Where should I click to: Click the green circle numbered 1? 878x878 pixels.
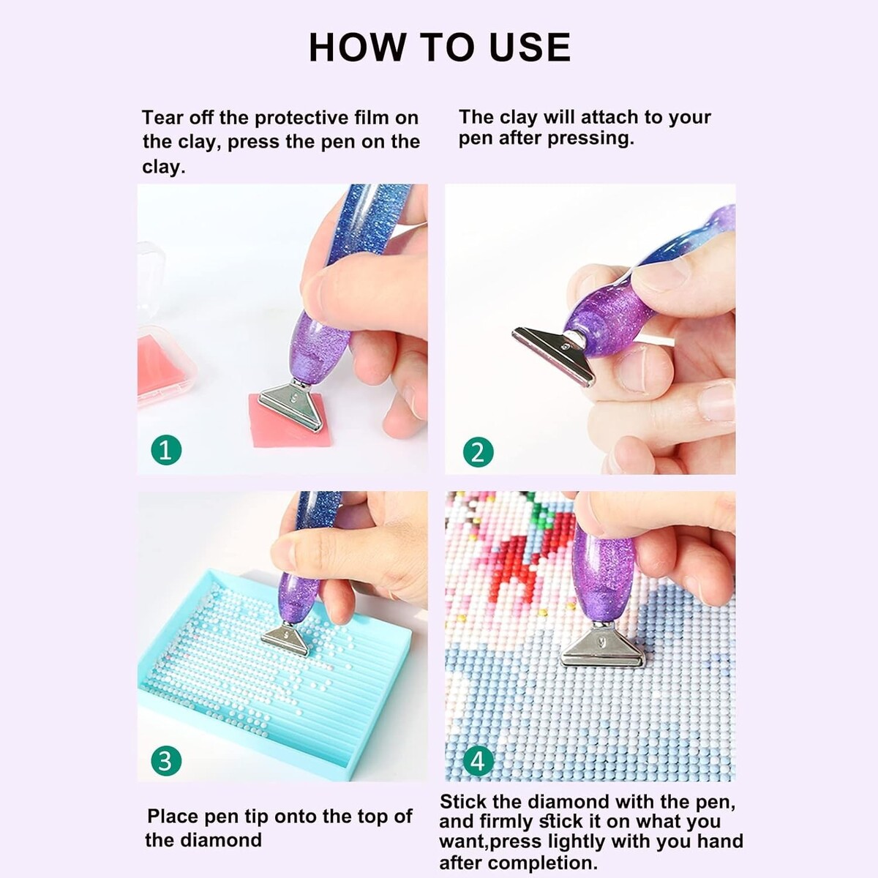coord(166,450)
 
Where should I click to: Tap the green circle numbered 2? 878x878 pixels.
coord(478,452)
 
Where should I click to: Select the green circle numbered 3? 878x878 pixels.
coord(166,761)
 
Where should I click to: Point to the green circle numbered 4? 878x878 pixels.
coord(478,761)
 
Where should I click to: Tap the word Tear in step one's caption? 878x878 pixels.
coord(162,118)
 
